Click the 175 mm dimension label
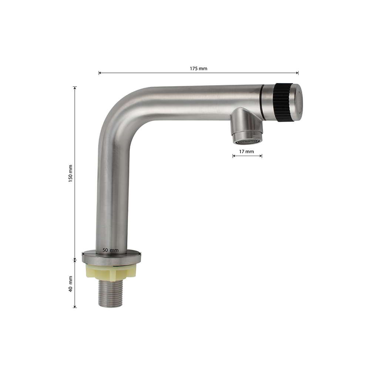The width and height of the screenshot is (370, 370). [198, 68]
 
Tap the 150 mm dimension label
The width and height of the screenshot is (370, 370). [71, 174]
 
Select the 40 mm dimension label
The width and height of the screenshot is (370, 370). [71, 284]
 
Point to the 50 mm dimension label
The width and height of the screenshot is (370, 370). [110, 250]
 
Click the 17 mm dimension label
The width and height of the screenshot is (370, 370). [246, 151]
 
